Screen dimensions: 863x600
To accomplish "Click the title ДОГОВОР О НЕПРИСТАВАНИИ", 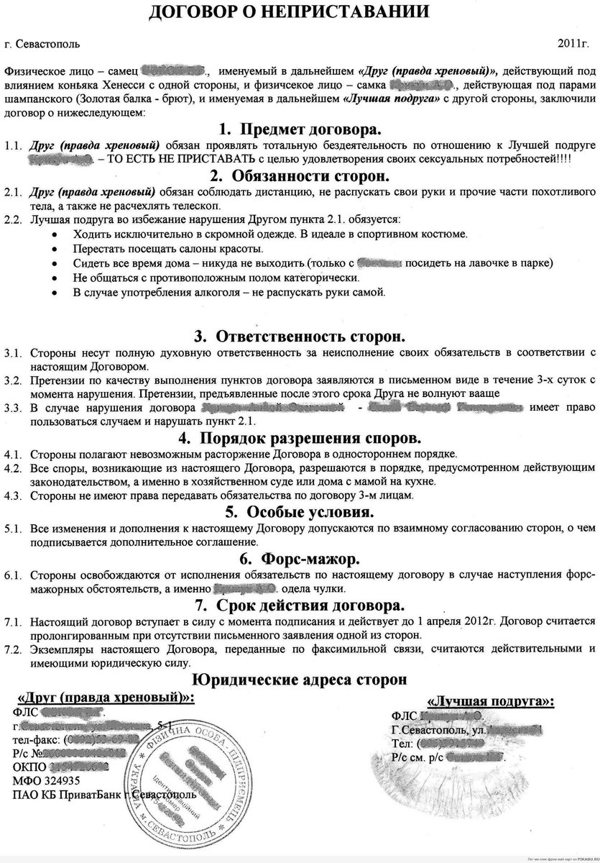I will [x=300, y=12].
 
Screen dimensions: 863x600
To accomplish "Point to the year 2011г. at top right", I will [x=572, y=45].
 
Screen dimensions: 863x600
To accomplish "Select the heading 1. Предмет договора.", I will [x=300, y=129].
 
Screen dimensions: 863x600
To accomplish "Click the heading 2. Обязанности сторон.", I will [x=300, y=176].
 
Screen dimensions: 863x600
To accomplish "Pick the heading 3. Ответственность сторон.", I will [x=300, y=336].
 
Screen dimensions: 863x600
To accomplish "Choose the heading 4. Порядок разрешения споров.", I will [x=300, y=437].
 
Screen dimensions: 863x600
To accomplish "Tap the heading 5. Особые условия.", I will [x=300, y=511].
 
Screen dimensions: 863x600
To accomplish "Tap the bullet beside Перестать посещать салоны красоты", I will [x=57, y=249].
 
